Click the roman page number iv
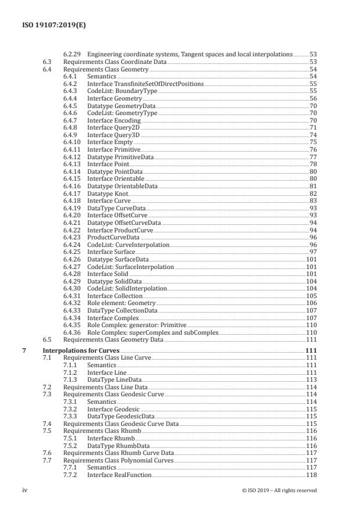tap(24, 490)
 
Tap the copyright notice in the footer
tap(279, 490)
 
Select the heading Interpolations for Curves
tap(81, 352)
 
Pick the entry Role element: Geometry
tap(121, 303)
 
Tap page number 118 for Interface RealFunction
tap(311, 475)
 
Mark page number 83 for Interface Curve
tap(313, 200)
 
